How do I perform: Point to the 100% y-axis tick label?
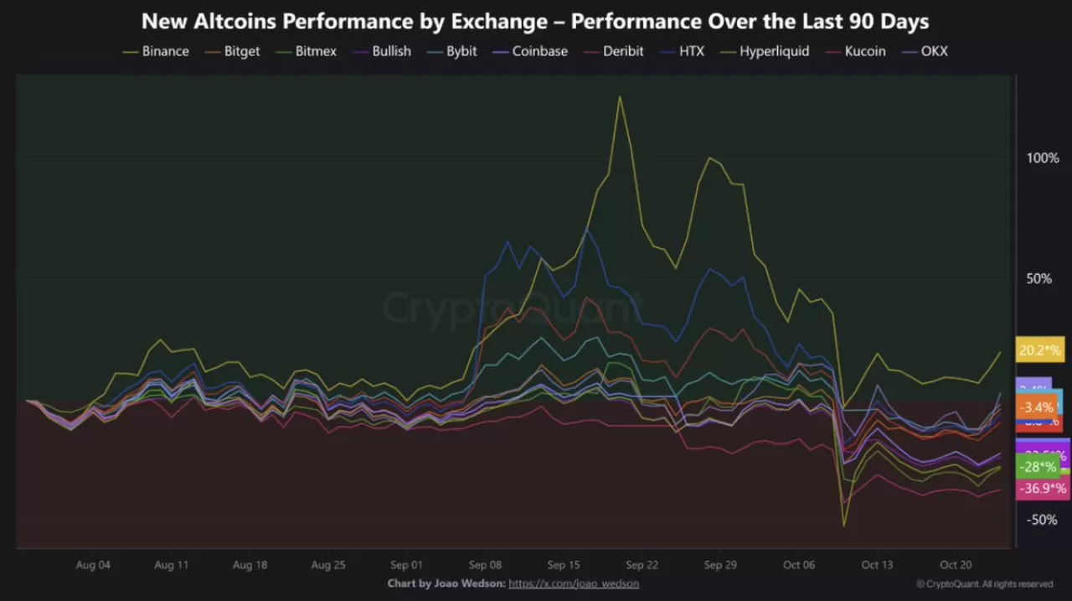point(1043,158)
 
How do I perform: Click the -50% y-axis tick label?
point(1043,520)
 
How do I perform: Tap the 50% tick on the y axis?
point(1038,278)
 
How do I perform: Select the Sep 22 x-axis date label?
point(642,565)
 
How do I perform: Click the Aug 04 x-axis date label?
point(93,565)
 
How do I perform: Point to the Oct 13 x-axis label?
point(877,565)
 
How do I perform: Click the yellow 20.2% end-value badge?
point(1039,350)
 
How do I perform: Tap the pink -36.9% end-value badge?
point(1041,489)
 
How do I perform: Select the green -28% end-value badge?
point(1037,467)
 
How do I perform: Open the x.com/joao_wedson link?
point(574,583)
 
